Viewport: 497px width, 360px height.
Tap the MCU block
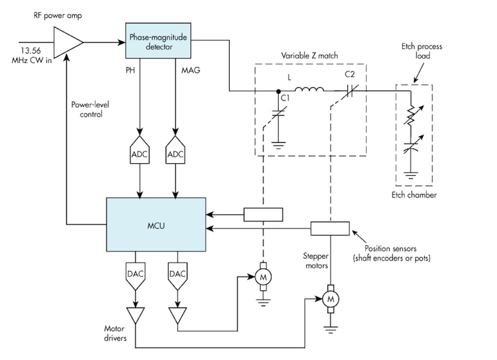click(x=155, y=226)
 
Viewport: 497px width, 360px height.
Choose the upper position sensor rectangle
click(x=263, y=214)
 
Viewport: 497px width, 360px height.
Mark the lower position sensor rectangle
click(x=330, y=229)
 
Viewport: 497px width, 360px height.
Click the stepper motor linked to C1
click(x=261, y=278)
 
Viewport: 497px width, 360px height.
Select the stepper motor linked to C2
click(x=330, y=299)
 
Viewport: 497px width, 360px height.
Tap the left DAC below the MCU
click(x=135, y=276)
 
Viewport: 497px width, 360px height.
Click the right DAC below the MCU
click(x=177, y=276)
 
